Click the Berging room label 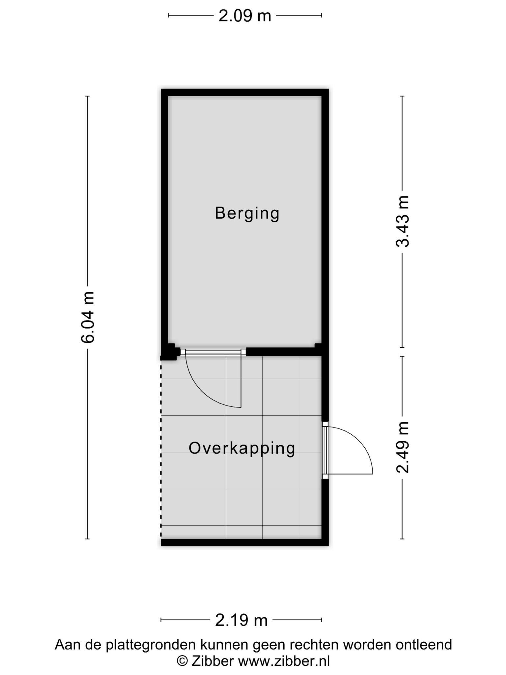click(247, 214)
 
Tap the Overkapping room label click(242, 449)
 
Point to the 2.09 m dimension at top click(245, 15)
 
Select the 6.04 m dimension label click(88, 317)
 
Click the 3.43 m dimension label click(402, 221)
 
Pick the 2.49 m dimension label click(402, 447)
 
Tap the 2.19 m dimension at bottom click(241, 621)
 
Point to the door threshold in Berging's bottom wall click(213, 352)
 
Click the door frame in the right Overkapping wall click(325, 450)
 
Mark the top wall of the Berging click(245, 92)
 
